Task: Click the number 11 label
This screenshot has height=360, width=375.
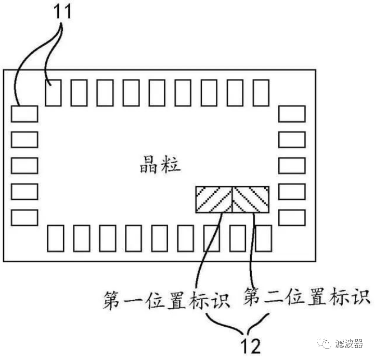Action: pyautogui.click(x=61, y=11)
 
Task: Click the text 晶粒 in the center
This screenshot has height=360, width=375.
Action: pyautogui.click(x=159, y=165)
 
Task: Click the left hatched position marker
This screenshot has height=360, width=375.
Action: pyautogui.click(x=214, y=199)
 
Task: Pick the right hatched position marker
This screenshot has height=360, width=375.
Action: pyautogui.click(x=252, y=199)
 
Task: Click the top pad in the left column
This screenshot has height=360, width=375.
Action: pyautogui.click(x=24, y=113)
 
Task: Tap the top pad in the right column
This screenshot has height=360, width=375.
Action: pyautogui.click(x=291, y=113)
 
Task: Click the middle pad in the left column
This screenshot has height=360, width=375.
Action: pyautogui.click(x=24, y=165)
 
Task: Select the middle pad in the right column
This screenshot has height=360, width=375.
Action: pyautogui.click(x=291, y=165)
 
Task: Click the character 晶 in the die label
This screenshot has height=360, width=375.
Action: pyautogui.click(x=148, y=165)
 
